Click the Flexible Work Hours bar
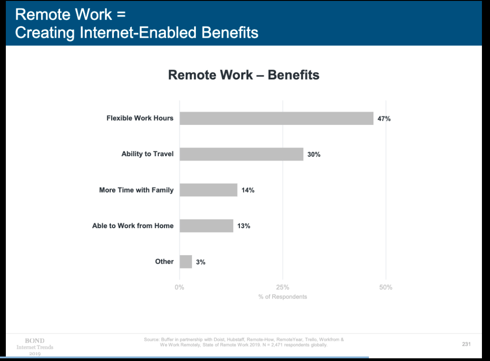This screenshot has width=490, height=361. click(277, 119)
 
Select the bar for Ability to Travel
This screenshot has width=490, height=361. click(242, 154)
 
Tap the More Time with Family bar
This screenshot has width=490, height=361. click(208, 190)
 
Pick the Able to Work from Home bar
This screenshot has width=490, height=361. click(207, 226)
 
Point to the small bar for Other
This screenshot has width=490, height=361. click(186, 262)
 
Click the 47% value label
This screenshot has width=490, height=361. click(384, 119)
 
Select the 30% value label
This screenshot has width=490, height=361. click(314, 154)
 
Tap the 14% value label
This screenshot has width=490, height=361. click(248, 190)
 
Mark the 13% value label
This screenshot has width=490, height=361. click(244, 226)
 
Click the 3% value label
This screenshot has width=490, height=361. click(201, 262)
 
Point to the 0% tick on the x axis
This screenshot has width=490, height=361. click(179, 287)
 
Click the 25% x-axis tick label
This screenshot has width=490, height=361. click(282, 287)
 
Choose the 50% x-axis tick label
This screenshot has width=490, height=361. click(386, 287)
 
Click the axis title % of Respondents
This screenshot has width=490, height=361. click(282, 296)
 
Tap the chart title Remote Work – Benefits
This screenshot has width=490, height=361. click(244, 75)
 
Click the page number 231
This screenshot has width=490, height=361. click(466, 344)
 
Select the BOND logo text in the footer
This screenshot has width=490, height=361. click(35, 341)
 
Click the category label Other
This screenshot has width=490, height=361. click(165, 261)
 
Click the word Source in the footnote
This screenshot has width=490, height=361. click(151, 339)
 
